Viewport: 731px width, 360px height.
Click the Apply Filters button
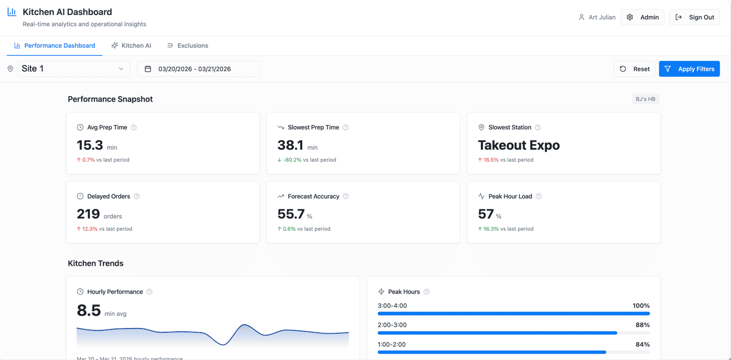tap(689, 69)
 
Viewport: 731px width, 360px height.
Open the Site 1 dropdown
tap(73, 69)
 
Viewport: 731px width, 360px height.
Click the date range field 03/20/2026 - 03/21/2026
tap(198, 69)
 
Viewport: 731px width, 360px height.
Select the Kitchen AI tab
tap(131, 46)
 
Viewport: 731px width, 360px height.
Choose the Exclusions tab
tap(188, 46)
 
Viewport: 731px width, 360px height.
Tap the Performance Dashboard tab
tap(55, 46)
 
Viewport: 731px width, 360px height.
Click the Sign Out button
tap(694, 17)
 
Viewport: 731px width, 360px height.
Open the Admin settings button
tap(642, 17)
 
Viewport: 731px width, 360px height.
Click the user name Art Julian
tap(602, 17)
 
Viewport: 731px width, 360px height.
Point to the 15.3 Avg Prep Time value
tap(90, 145)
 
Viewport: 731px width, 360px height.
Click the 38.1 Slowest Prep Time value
tap(291, 145)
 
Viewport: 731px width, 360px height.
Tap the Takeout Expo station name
tap(519, 145)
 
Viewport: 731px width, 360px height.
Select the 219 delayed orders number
tap(88, 214)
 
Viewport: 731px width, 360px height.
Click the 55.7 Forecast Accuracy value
tap(291, 214)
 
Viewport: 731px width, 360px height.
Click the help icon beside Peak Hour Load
tap(539, 196)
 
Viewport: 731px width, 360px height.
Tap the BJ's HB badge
tap(645, 99)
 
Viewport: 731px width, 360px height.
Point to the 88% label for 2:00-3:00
tap(643, 325)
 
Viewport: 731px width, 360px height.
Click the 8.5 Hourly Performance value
tap(89, 310)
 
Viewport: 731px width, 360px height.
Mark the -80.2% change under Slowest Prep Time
tap(292, 160)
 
